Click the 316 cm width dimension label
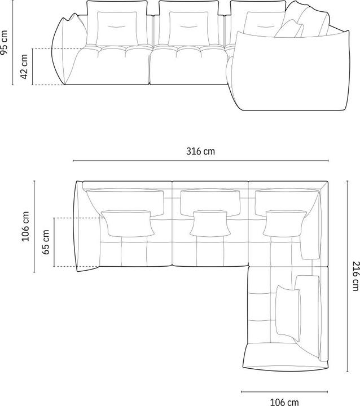[x=200, y=151]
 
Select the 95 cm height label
[x=5, y=43]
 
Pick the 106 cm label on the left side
[x=25, y=226]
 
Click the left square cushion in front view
[x=117, y=28]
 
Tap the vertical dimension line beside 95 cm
[x=14, y=43]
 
